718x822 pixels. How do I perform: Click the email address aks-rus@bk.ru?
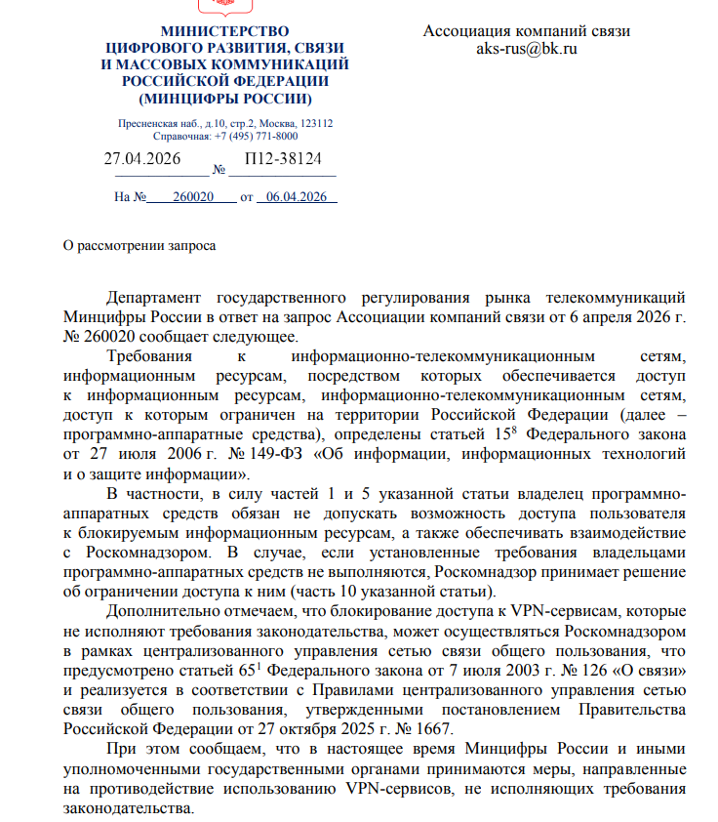pos(527,49)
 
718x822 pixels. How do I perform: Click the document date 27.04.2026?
pos(142,159)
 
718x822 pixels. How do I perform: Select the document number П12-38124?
pos(282,159)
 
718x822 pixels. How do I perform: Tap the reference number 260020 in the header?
pos(192,196)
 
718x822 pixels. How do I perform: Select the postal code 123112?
pos(317,124)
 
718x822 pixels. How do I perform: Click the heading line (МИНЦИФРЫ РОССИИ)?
pos(225,99)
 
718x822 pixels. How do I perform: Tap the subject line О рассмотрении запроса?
pos(140,246)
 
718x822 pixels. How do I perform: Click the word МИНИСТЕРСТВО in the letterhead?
pos(225,32)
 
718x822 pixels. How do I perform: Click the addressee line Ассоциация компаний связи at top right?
pos(527,31)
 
